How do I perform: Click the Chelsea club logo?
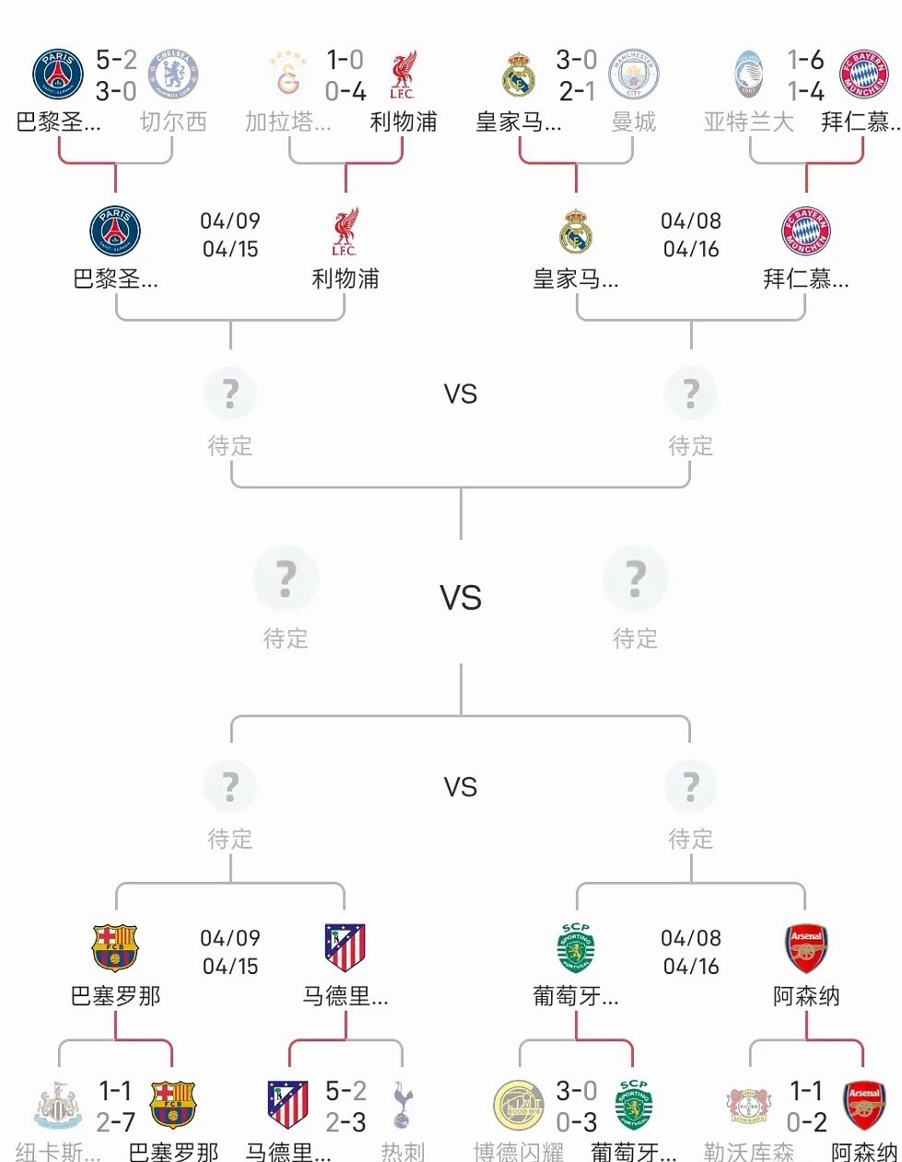(173, 75)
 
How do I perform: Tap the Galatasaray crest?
(287, 75)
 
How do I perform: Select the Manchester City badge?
(634, 75)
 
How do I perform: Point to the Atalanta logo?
(748, 75)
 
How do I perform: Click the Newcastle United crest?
(57, 1106)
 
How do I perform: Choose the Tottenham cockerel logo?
(403, 1106)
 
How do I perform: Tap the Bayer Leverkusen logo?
(748, 1106)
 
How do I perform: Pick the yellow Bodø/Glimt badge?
(519, 1106)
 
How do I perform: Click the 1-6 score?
(805, 61)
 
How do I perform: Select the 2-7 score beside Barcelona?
(115, 1122)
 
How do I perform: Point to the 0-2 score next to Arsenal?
(806, 1122)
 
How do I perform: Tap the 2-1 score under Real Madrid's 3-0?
(576, 91)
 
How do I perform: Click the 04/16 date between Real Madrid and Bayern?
(691, 250)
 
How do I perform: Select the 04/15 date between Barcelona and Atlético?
(230, 967)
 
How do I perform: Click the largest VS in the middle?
(461, 598)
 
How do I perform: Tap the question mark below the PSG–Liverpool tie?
(230, 394)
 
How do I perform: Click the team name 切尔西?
(173, 122)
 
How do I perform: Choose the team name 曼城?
(634, 122)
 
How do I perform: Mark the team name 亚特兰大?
(748, 122)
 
